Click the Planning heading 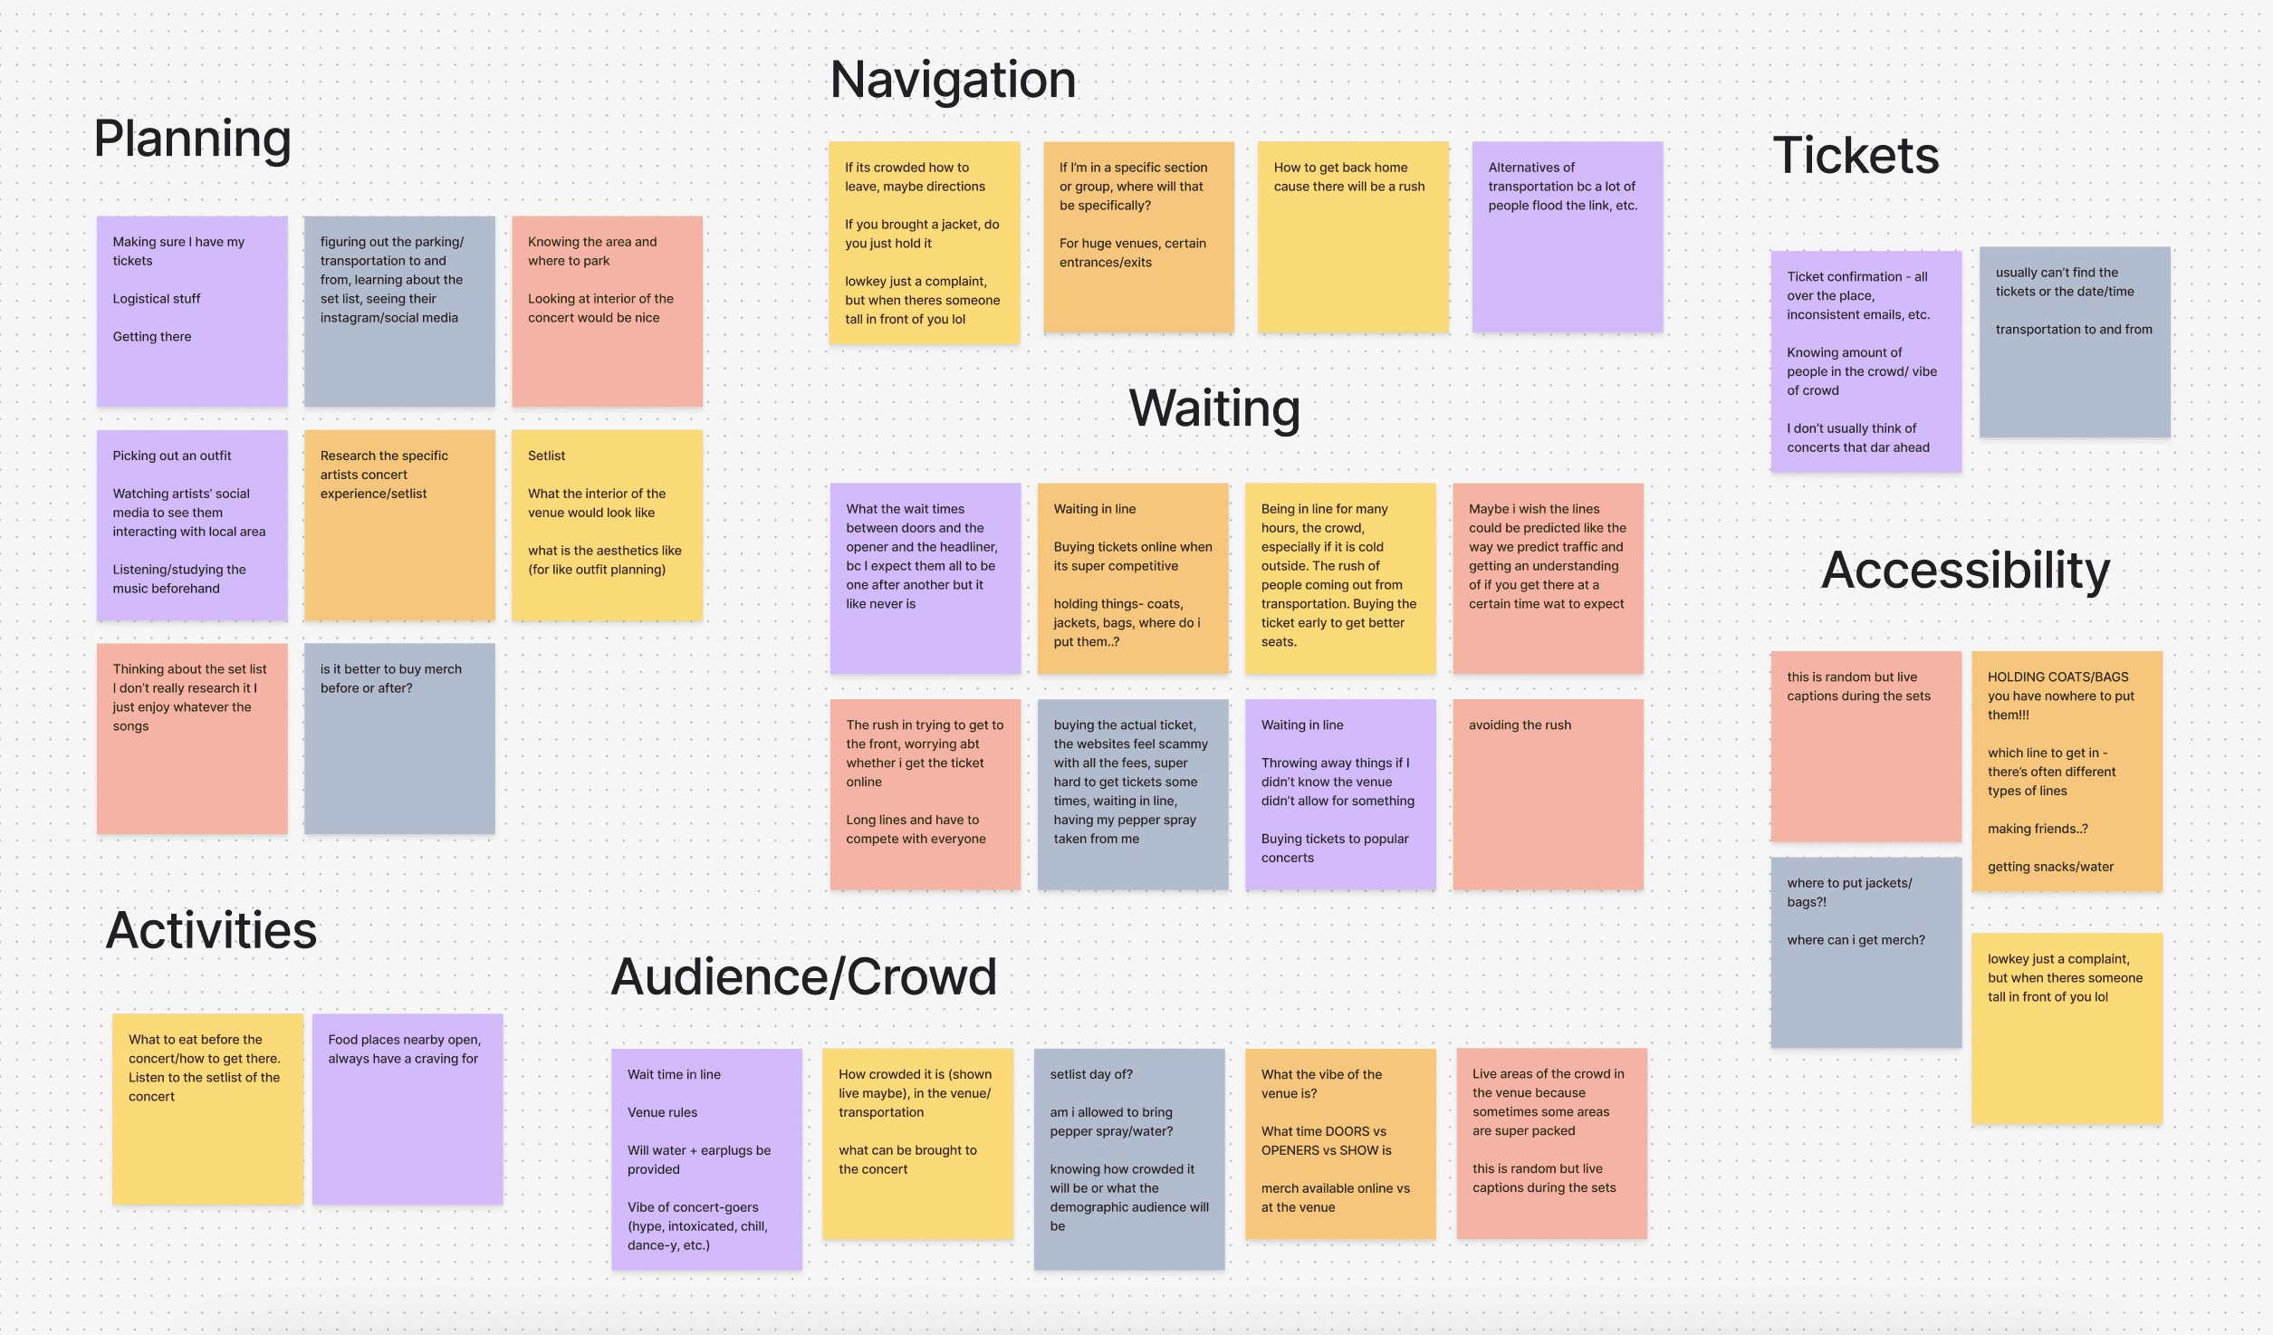[x=192, y=139]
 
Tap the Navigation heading [x=953, y=80]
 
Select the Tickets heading [x=1856, y=155]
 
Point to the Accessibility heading [x=1965, y=571]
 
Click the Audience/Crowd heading [x=803, y=977]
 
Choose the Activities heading [x=211, y=930]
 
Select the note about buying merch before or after [x=399, y=737]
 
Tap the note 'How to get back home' [x=1353, y=237]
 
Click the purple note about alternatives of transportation [x=1567, y=237]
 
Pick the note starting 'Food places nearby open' [x=408, y=1109]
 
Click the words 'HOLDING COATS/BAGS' [x=2057, y=677]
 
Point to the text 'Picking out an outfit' [x=172, y=456]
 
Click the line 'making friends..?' [x=2038, y=829]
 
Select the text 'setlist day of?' [x=1091, y=1074]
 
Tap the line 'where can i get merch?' [x=1856, y=940]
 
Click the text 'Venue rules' [x=662, y=1112]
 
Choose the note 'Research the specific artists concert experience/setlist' [x=399, y=524]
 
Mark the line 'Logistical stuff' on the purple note [x=157, y=299]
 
